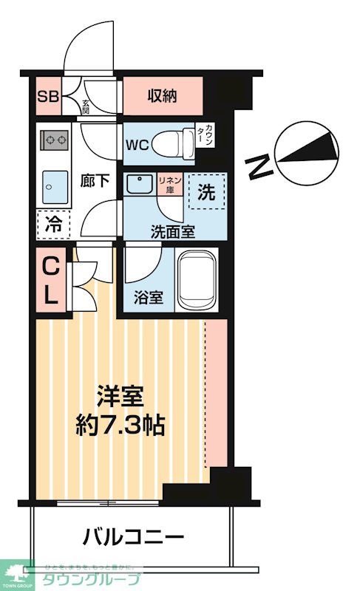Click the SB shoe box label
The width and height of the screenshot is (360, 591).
pyautogui.click(x=49, y=97)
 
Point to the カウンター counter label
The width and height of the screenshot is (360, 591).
pyautogui.click(x=210, y=138)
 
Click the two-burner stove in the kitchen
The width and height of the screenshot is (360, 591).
pyautogui.click(x=54, y=139)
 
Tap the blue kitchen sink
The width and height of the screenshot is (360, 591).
pyautogui.click(x=54, y=182)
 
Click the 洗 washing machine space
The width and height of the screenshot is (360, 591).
pyautogui.click(x=206, y=194)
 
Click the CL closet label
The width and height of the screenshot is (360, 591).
pyautogui.click(x=50, y=281)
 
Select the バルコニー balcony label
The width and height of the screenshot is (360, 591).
pyautogui.click(x=133, y=535)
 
